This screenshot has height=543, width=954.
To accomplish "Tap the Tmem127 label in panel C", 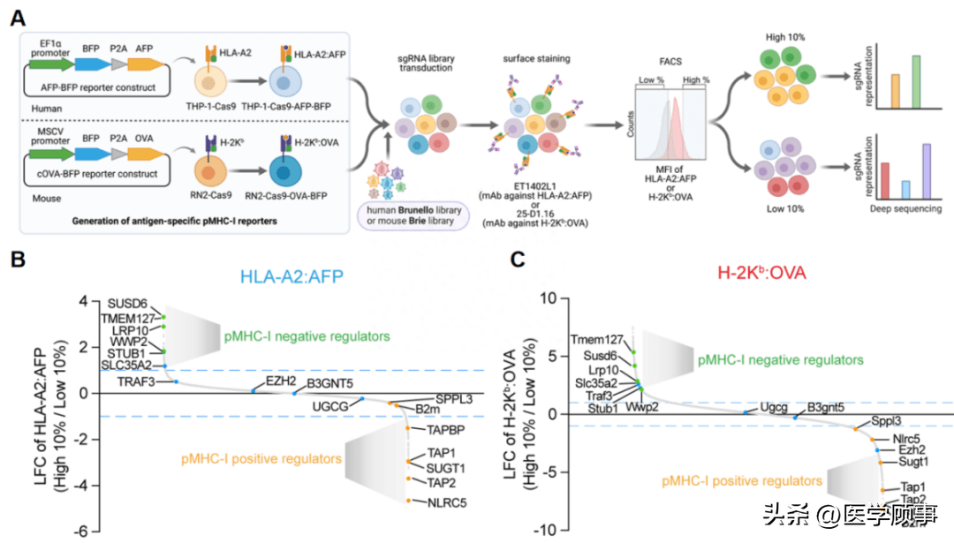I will (x=597, y=339).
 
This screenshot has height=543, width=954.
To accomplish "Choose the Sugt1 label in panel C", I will (x=913, y=460).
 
